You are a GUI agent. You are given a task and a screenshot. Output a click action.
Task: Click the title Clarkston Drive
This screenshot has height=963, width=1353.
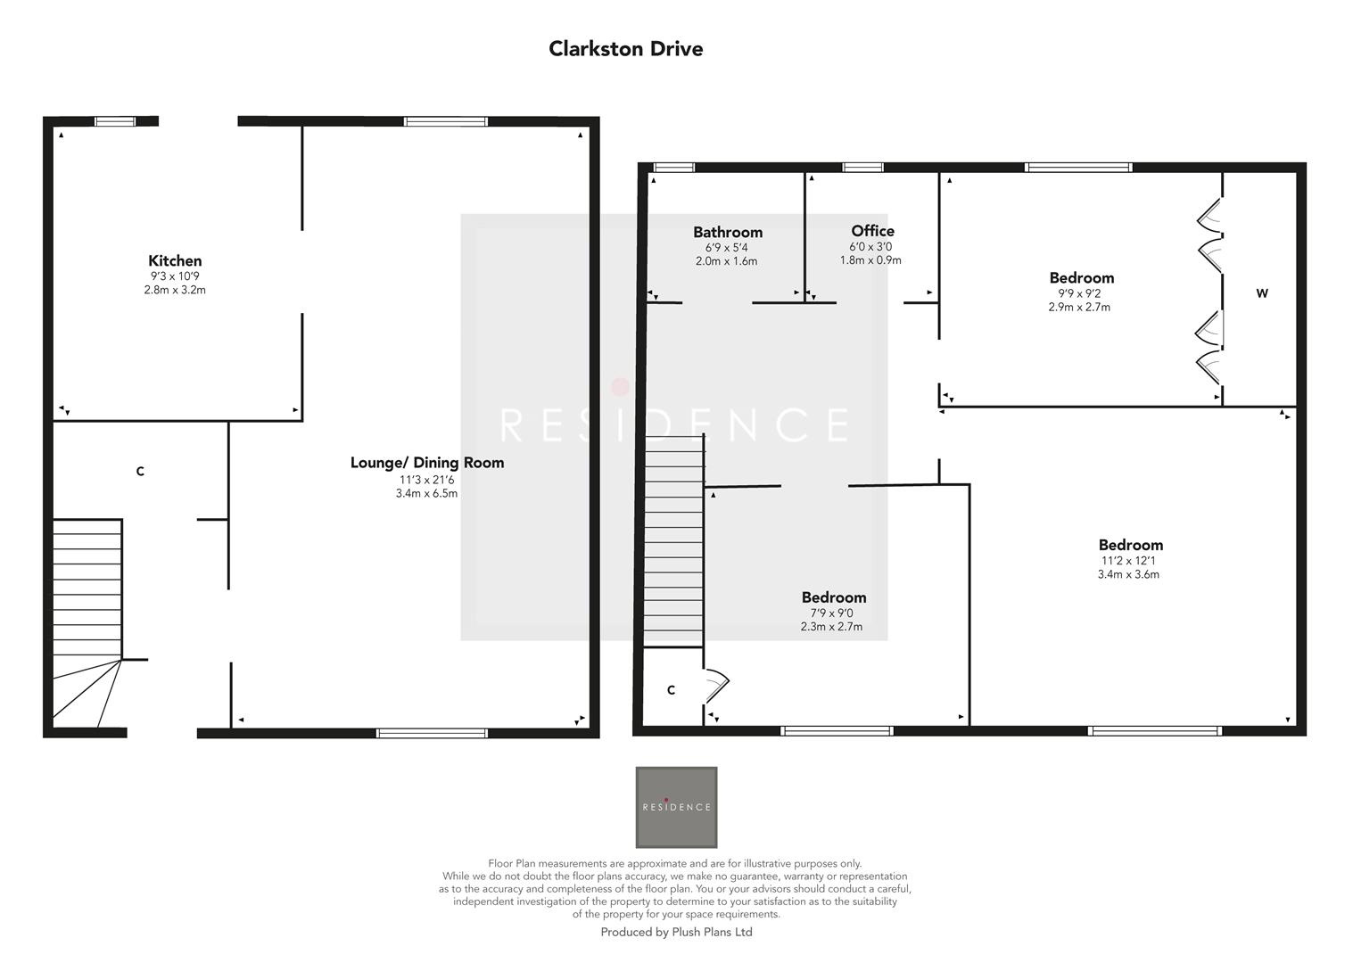[x=625, y=49]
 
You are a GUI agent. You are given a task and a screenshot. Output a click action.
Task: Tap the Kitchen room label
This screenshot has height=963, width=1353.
[x=175, y=261]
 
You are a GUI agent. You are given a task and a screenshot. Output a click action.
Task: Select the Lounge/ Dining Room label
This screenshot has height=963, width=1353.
[x=426, y=463]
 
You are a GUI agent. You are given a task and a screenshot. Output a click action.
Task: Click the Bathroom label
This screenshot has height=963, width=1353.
[x=728, y=233]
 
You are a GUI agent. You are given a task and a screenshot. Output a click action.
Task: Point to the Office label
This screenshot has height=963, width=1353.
[x=871, y=231]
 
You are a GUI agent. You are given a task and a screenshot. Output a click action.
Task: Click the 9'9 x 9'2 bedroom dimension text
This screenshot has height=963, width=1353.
[x=1079, y=293]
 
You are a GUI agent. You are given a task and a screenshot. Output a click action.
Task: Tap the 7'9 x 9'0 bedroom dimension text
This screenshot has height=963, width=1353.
[x=831, y=613]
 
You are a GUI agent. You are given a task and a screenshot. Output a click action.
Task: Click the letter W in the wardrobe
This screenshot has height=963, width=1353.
[x=1261, y=293]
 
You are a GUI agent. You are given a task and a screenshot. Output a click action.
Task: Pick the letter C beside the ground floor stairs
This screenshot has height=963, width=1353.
[x=140, y=472]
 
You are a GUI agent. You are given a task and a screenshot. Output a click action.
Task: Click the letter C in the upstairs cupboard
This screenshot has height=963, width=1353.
[x=671, y=690]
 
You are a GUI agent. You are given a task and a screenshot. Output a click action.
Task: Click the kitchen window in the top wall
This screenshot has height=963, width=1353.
[x=115, y=121]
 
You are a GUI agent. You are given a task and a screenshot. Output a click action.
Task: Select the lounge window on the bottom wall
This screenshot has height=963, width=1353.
[x=432, y=733]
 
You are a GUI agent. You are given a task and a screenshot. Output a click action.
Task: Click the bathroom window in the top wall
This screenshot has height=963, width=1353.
[x=673, y=167]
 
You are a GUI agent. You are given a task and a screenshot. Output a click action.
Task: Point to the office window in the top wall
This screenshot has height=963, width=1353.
[x=862, y=167]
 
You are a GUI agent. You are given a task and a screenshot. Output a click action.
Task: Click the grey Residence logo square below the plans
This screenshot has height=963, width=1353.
[x=676, y=807]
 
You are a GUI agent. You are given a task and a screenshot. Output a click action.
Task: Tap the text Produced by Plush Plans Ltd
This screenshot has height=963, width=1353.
[x=676, y=933]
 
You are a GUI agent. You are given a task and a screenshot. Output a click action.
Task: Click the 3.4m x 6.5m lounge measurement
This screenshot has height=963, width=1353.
[x=426, y=494]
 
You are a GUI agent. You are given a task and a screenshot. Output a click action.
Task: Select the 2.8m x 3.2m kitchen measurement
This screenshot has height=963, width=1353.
[x=175, y=290]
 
